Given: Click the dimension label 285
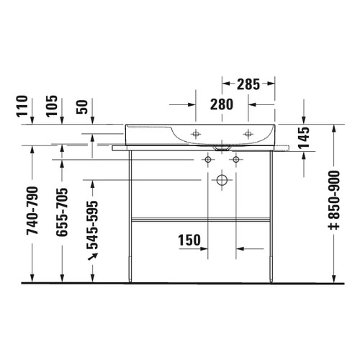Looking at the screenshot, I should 248,84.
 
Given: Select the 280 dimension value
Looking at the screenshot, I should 222,104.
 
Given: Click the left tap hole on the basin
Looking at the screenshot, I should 196,133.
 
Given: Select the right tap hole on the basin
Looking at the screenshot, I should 248,133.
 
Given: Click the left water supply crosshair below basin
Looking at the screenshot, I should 209,158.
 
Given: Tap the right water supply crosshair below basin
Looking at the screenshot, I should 235,158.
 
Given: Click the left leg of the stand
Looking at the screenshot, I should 130,216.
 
